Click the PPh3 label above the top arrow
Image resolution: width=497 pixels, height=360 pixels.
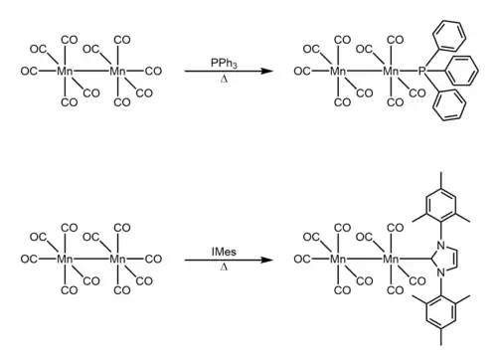point(224,63)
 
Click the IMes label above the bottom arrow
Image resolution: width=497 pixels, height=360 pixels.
point(224,252)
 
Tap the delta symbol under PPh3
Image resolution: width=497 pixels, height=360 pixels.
point(224,80)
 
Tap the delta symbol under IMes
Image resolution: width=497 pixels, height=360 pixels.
point(224,267)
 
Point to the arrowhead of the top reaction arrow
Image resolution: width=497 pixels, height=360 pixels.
point(266,71)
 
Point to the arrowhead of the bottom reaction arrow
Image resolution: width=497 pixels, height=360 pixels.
point(266,260)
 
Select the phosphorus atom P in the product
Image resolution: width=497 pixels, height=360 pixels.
point(421,71)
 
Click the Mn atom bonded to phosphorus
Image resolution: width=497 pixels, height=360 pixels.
point(391,71)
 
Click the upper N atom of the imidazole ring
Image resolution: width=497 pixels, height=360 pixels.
point(440,246)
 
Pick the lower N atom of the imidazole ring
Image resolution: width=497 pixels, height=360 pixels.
point(440,272)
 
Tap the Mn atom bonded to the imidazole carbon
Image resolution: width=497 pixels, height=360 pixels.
point(391,259)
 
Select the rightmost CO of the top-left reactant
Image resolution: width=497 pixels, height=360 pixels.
point(153,71)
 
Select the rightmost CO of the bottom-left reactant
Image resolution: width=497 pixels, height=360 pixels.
point(153,259)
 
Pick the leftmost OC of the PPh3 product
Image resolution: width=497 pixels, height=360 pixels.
point(302,71)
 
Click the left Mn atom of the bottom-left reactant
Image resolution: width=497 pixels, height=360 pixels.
point(65,259)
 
